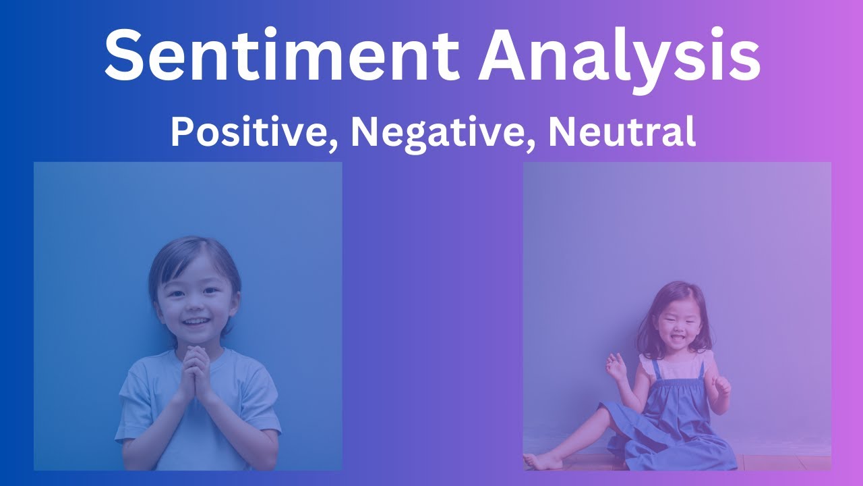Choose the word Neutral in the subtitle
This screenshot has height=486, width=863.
[x=621, y=132]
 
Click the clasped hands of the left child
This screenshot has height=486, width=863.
[x=196, y=372]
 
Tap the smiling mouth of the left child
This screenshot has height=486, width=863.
[x=196, y=321]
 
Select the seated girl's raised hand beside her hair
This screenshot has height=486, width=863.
[x=616, y=367]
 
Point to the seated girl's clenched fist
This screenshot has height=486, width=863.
[x=721, y=385]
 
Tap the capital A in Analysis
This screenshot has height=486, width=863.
[x=504, y=54]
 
